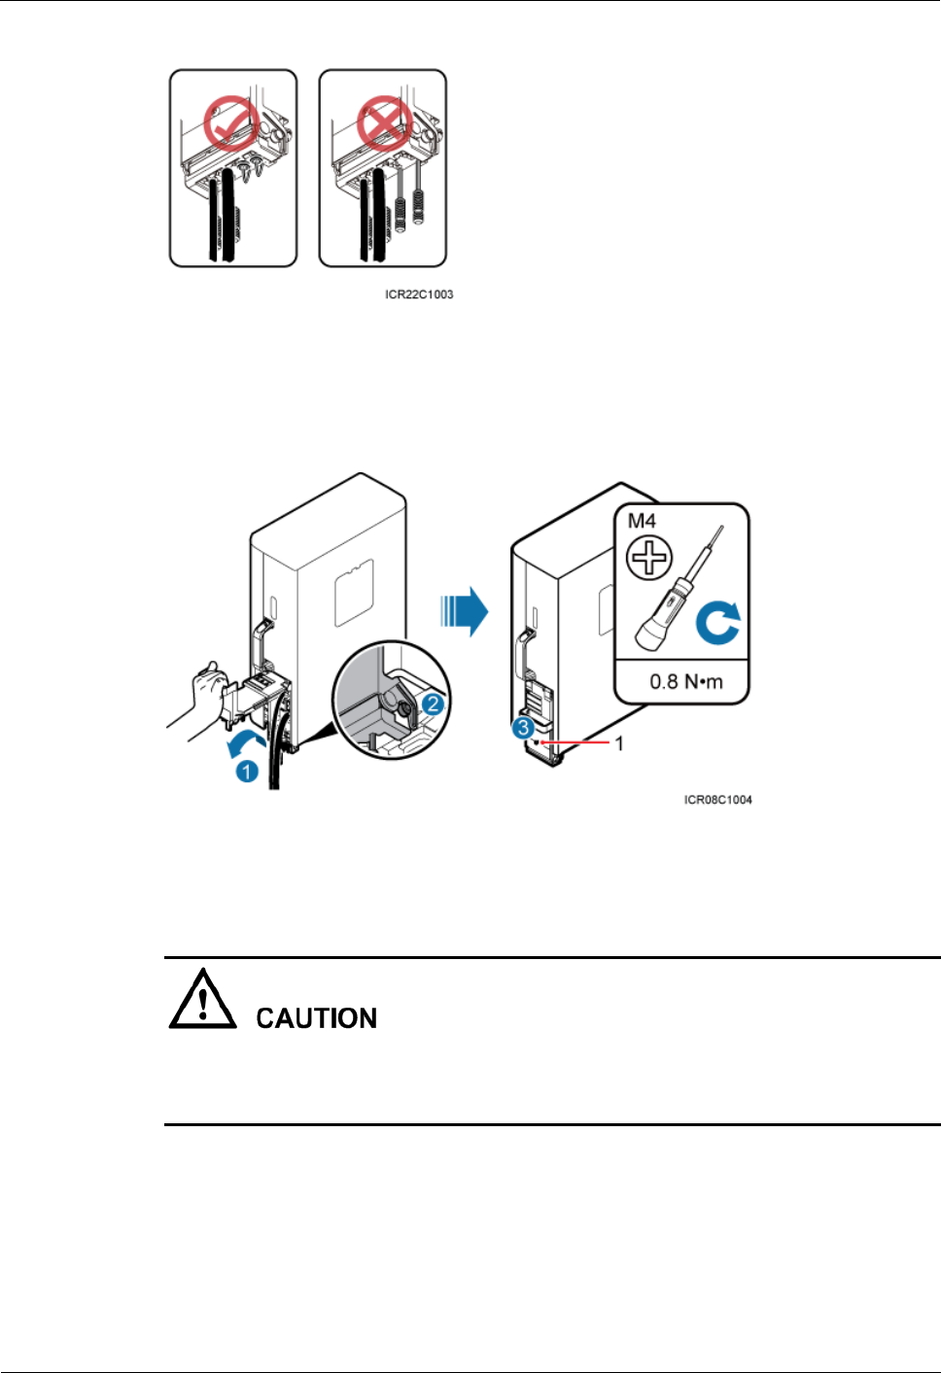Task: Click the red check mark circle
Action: [x=231, y=123]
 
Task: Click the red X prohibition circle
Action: [x=384, y=122]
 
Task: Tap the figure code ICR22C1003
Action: [x=419, y=294]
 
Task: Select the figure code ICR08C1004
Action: [x=717, y=800]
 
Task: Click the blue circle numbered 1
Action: [x=248, y=771]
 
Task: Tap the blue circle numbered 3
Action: [x=524, y=727]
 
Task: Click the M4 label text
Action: [x=643, y=522]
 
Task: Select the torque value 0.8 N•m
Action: [x=686, y=681]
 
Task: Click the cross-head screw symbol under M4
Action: [x=649, y=559]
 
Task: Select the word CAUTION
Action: [x=316, y=1018]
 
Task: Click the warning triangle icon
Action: [x=202, y=1001]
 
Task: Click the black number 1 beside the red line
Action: [x=619, y=743]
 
